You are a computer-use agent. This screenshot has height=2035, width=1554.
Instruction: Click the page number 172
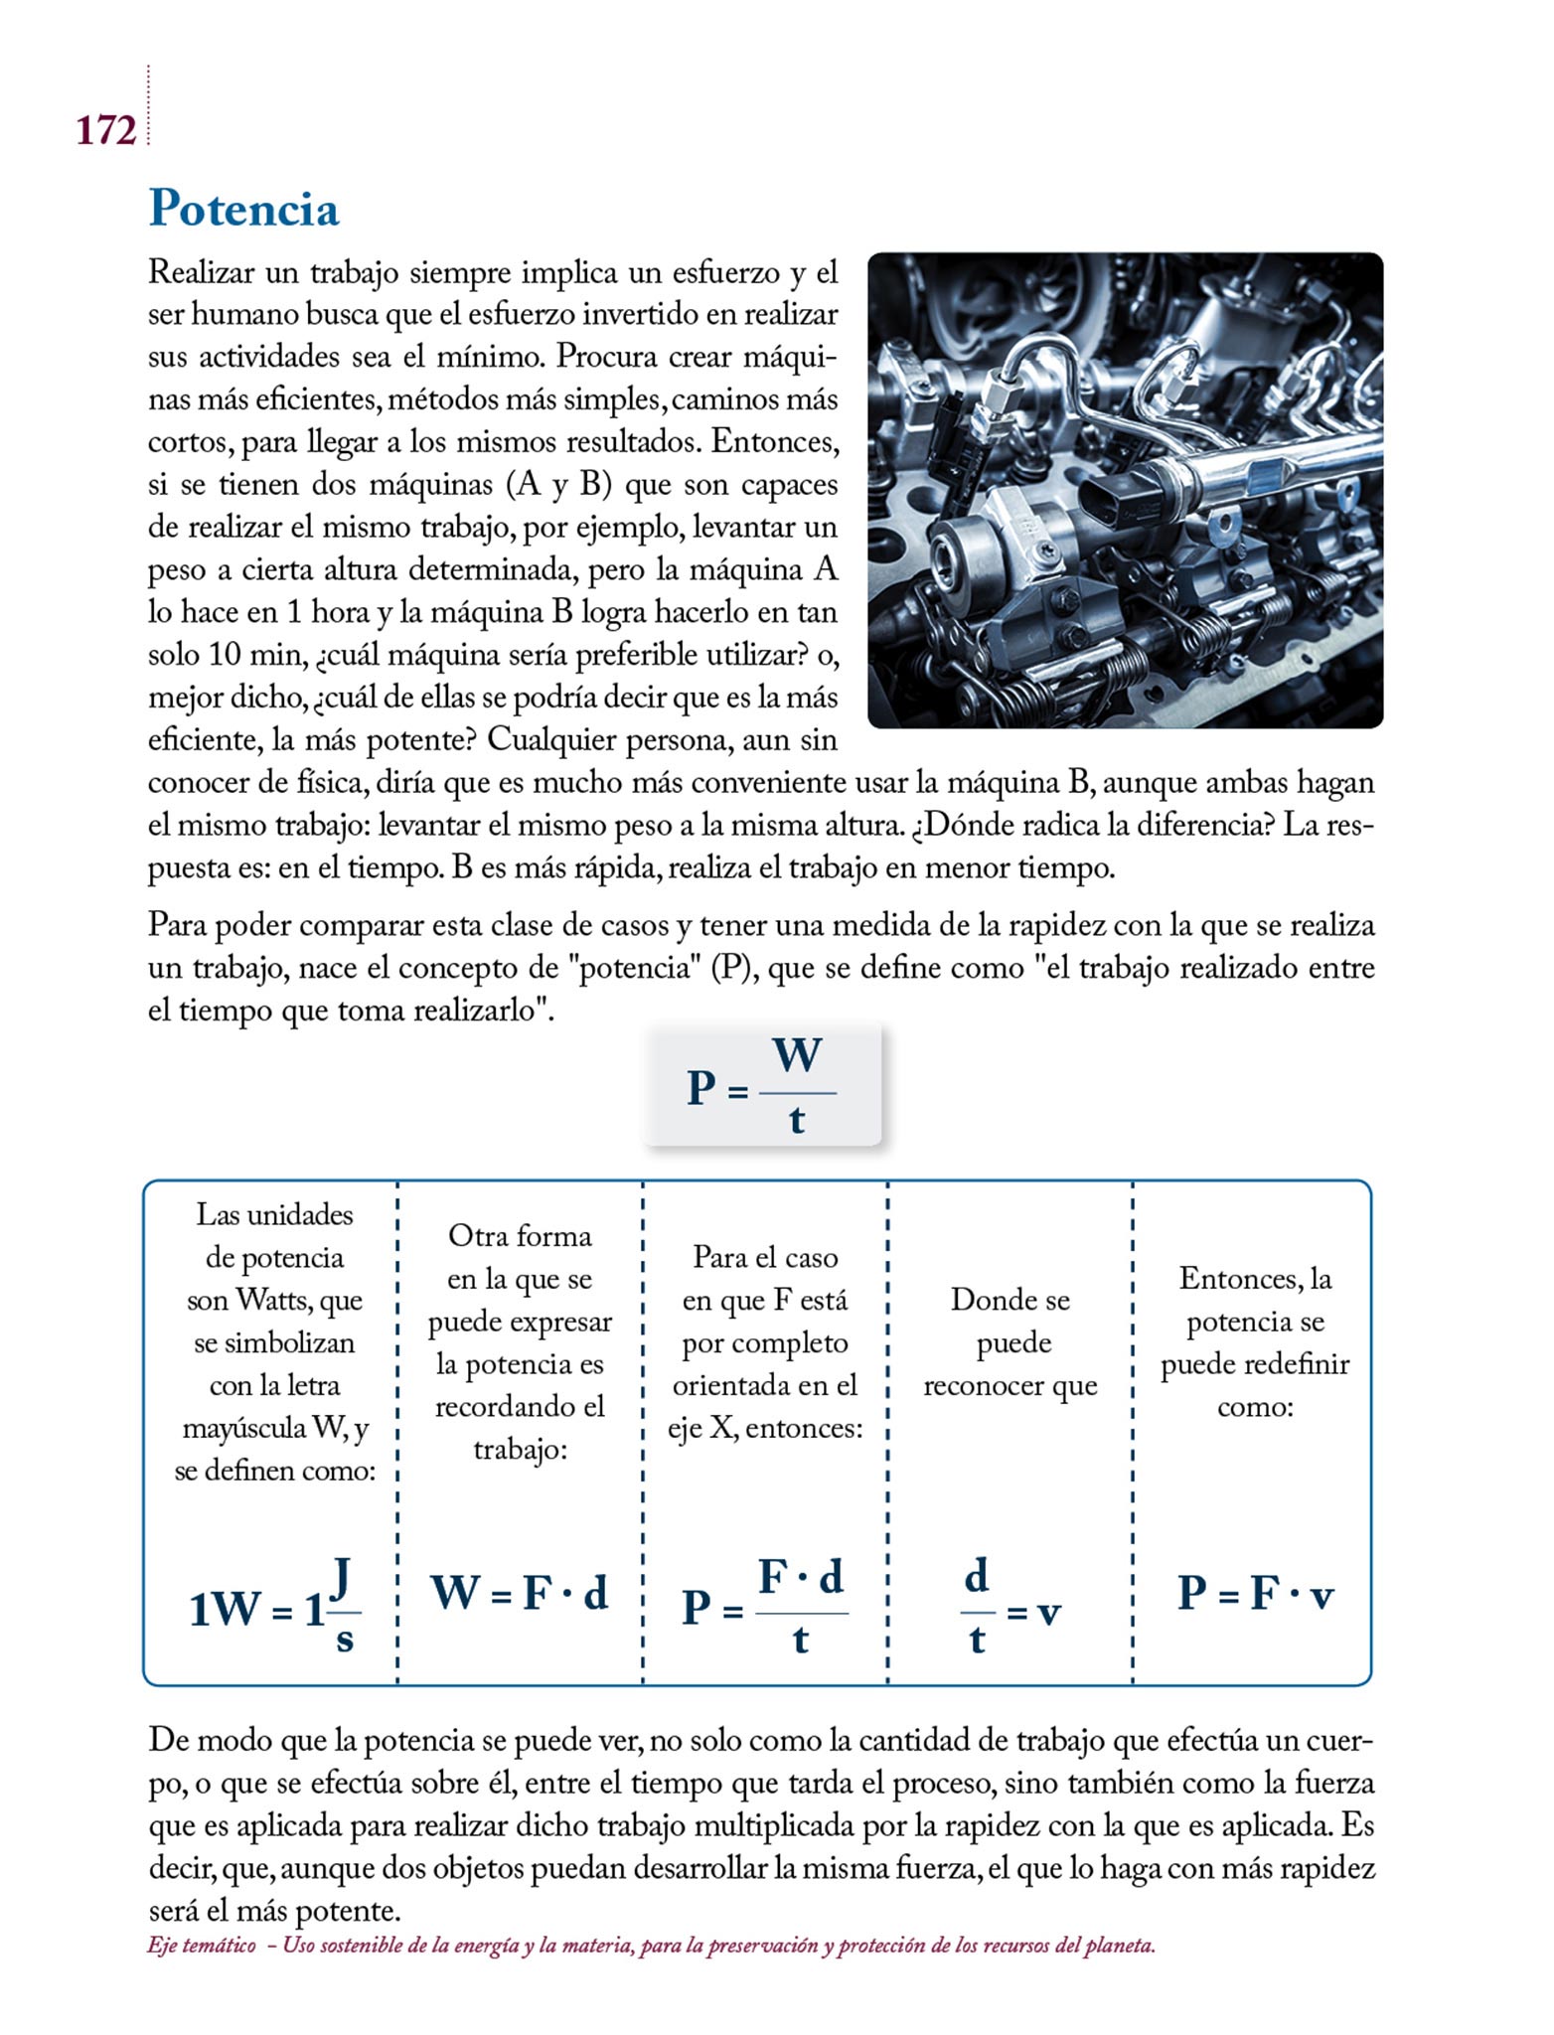(105, 130)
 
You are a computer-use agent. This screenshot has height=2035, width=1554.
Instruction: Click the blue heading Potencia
(243, 209)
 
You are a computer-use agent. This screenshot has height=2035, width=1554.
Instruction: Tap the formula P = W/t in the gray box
(762, 1086)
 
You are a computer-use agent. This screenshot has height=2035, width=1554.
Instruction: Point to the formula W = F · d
(519, 1593)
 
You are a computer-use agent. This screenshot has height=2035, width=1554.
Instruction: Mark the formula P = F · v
(1254, 1593)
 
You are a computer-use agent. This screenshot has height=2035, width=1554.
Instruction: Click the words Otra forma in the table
(520, 1236)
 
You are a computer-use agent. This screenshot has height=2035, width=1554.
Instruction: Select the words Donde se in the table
(1010, 1300)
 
